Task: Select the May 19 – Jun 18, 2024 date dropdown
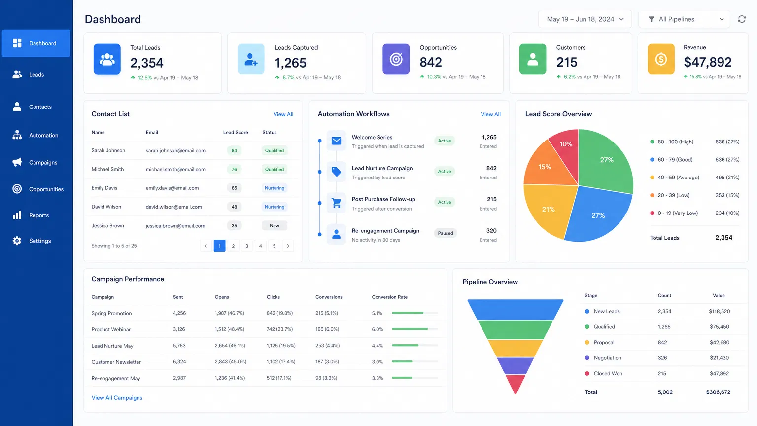(585, 19)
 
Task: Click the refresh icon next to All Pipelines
(741, 19)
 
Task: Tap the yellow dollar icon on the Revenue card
(660, 59)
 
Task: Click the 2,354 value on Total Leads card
(146, 63)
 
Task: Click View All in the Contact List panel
(283, 114)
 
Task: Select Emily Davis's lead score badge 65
(234, 188)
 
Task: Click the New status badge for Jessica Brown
(275, 226)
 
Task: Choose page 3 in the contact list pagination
(247, 246)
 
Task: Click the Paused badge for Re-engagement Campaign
(445, 233)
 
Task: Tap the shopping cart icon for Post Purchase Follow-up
(336, 203)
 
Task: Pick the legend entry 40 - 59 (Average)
(678, 177)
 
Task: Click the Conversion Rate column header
(389, 297)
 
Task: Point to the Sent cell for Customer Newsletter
(179, 362)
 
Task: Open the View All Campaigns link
(117, 398)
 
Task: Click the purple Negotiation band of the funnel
(515, 366)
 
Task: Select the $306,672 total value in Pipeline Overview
(718, 392)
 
